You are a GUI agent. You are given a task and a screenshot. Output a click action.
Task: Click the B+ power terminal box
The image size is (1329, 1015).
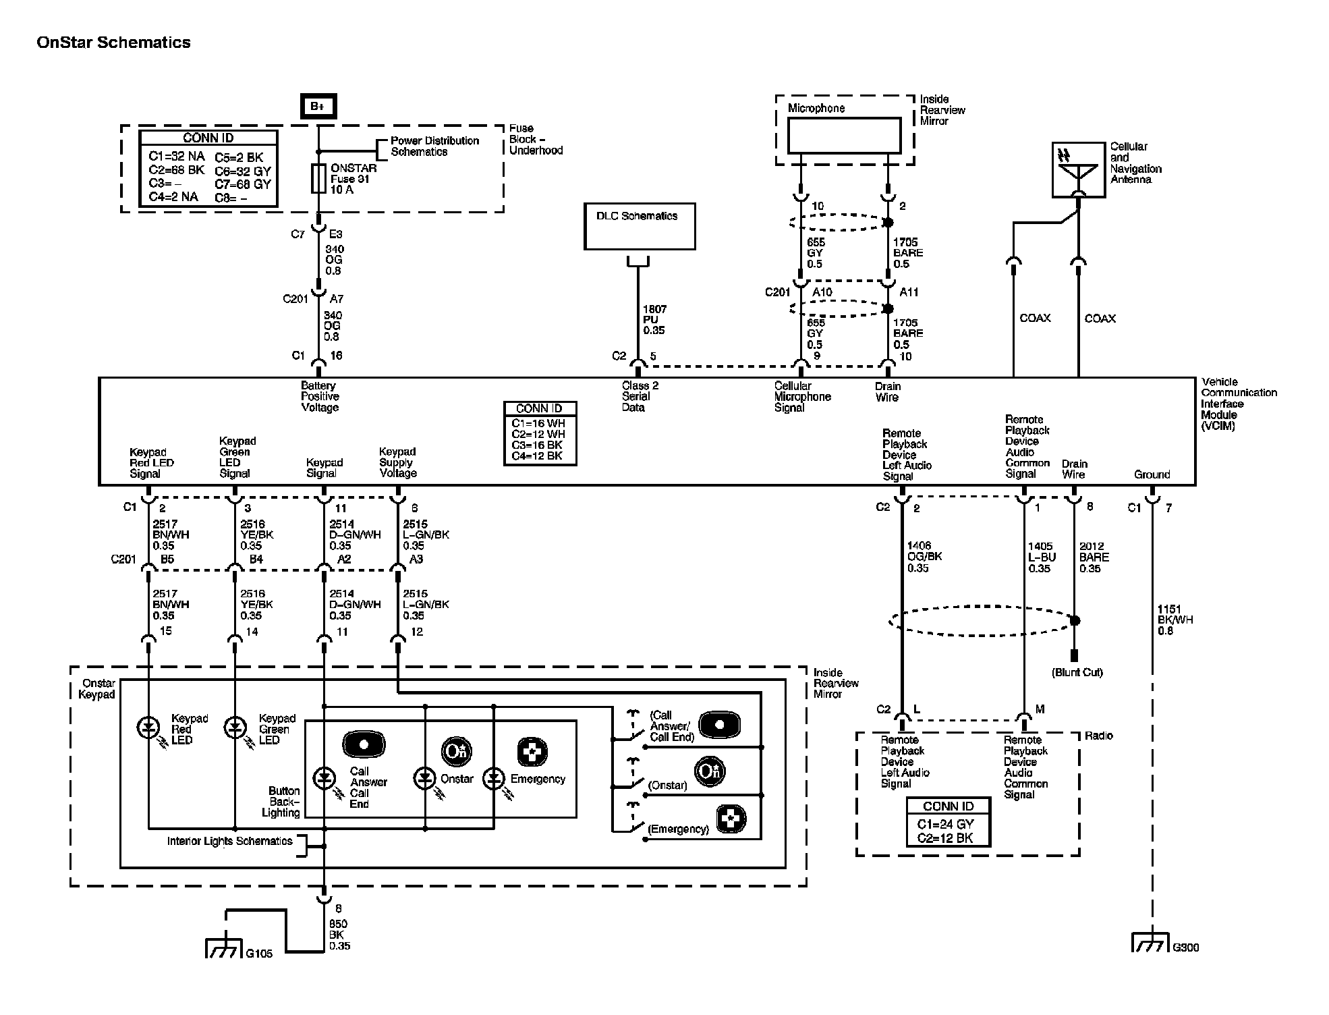click(318, 107)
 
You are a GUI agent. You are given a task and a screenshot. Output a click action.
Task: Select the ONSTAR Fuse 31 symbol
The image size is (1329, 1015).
click(318, 178)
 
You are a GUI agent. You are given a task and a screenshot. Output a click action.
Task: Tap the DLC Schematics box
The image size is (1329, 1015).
click(640, 227)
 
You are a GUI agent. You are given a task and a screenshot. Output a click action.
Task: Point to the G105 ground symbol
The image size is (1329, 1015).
click(223, 949)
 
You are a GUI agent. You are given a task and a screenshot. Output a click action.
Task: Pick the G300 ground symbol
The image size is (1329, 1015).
click(1150, 943)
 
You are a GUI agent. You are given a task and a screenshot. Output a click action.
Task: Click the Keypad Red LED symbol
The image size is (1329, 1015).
click(148, 728)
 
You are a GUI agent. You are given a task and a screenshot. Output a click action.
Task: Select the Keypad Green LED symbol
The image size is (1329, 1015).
click(235, 728)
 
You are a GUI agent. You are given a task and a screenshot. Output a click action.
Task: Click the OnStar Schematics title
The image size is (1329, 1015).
click(113, 43)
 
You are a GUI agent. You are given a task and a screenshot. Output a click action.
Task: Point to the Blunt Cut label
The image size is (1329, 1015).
click(1077, 672)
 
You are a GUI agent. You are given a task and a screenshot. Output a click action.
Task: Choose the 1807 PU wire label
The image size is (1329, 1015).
click(654, 320)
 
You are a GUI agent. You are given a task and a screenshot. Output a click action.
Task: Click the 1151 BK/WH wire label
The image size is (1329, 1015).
click(1175, 620)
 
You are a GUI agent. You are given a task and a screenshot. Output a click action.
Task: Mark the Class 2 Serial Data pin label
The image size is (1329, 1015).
click(640, 397)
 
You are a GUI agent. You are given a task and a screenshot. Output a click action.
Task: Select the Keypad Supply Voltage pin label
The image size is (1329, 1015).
click(398, 462)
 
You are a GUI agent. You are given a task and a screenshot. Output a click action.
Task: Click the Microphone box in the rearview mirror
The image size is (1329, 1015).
click(844, 136)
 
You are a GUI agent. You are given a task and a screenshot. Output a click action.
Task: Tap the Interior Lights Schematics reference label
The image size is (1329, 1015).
click(229, 842)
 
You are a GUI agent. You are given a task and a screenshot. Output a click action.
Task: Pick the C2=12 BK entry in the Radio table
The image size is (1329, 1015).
click(948, 838)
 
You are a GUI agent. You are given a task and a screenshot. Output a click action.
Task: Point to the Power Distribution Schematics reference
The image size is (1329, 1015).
click(434, 146)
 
